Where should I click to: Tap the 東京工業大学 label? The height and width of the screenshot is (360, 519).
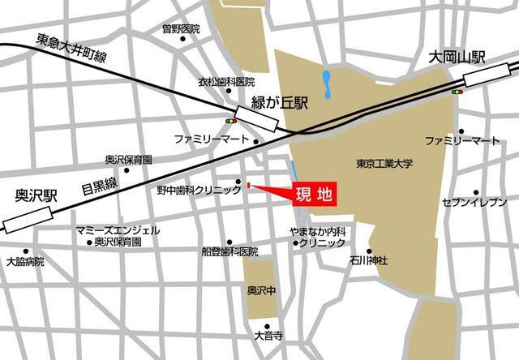coord(384,163)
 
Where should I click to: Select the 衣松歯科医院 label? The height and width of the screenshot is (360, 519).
coord(227,81)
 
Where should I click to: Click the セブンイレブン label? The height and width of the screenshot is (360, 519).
coord(474,202)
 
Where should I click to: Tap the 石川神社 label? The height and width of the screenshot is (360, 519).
coord(369,261)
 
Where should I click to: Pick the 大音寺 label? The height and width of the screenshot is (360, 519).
coord(267,334)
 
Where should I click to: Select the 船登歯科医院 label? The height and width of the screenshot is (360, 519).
coord(229,254)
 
